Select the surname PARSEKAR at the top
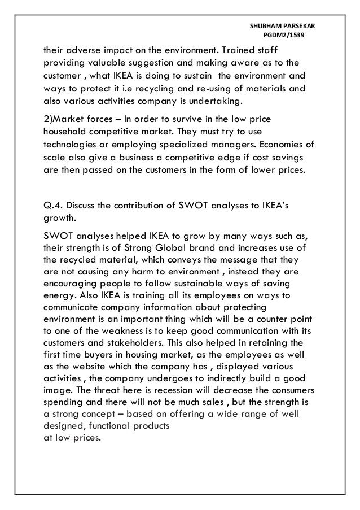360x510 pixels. click(302, 26)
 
